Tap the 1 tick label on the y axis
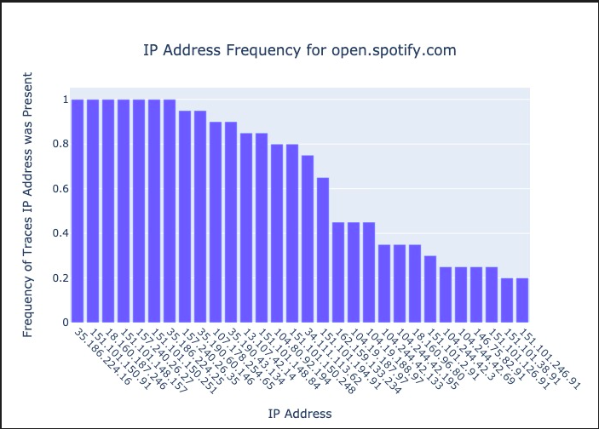coord(63,100)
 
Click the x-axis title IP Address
coord(299,414)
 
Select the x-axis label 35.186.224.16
coord(101,357)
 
